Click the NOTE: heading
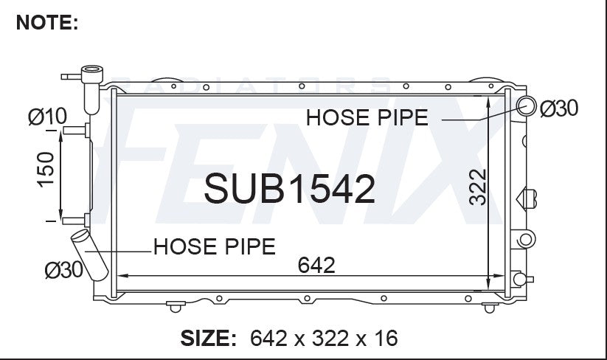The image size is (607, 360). click(47, 22)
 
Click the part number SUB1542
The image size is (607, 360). click(290, 189)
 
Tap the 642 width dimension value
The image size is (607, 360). click(316, 265)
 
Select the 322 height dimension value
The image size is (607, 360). click(477, 187)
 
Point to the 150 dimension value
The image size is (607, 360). click(46, 169)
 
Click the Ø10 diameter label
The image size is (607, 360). click(47, 116)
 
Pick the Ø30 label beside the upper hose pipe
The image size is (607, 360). click(558, 108)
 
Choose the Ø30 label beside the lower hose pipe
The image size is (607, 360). click(64, 269)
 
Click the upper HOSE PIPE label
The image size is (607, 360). click(367, 117)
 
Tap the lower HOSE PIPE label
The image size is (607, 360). click(215, 246)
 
